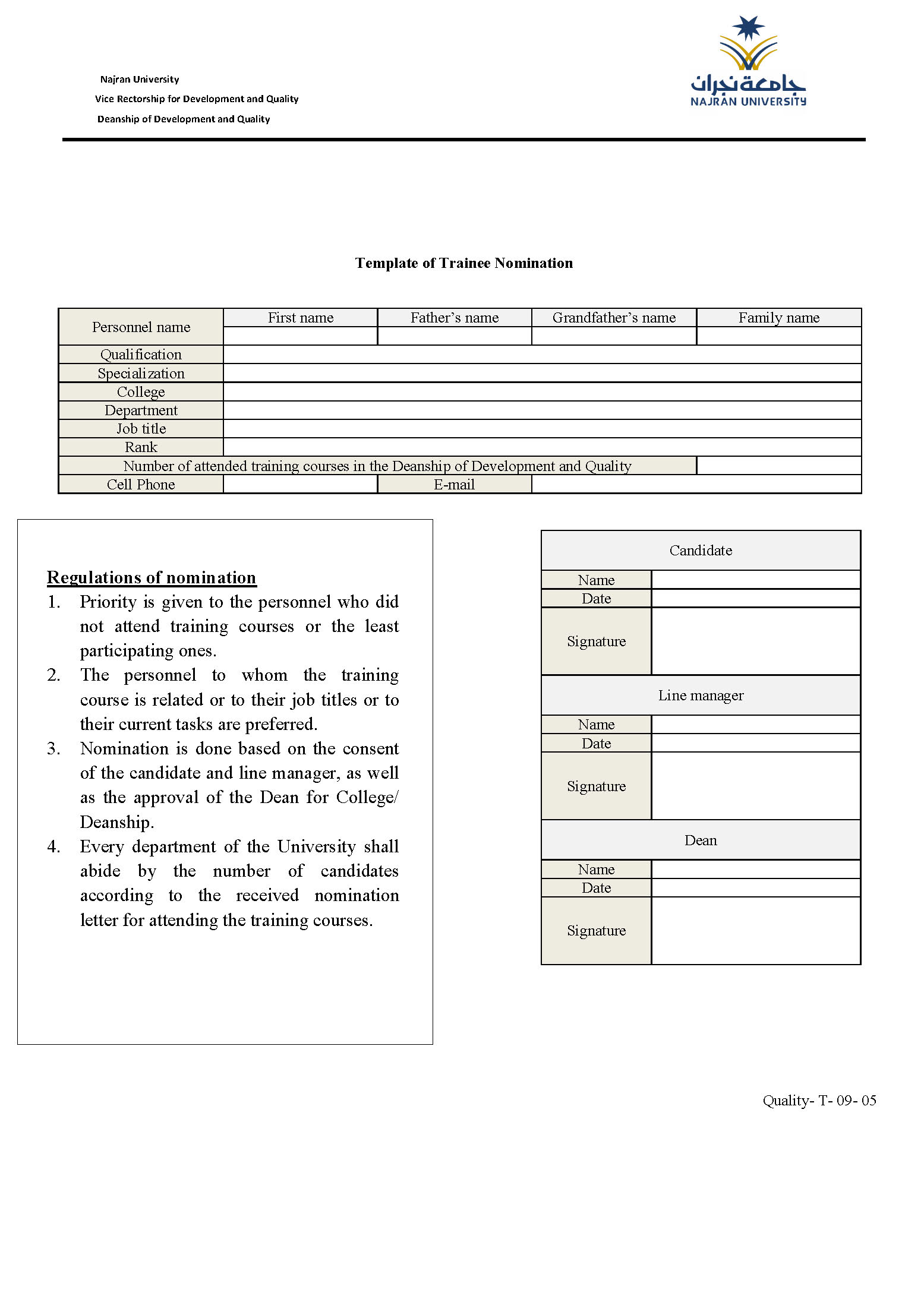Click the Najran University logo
tap(748, 62)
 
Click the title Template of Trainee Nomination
tap(463, 263)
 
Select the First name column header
tap(300, 318)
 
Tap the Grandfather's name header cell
tap(614, 318)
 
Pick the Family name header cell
tap(778, 318)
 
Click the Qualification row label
tap(141, 355)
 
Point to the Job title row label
tap(141, 429)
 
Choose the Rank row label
tap(141, 447)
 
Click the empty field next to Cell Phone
tap(300, 485)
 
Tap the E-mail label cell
tap(454, 485)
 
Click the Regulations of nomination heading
tap(152, 577)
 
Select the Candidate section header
tap(701, 551)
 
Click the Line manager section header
tap(701, 696)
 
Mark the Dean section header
tap(701, 840)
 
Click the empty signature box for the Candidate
tap(756, 641)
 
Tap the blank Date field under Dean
tap(756, 888)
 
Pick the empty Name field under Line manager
tap(756, 725)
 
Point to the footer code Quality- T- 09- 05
tap(819, 1101)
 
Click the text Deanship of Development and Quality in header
tap(184, 119)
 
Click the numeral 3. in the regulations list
tap(54, 748)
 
